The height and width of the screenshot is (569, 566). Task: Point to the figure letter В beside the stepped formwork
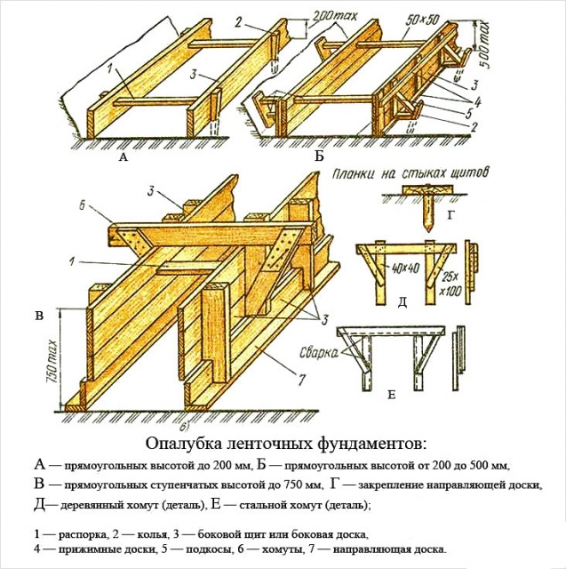pos(38,316)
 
